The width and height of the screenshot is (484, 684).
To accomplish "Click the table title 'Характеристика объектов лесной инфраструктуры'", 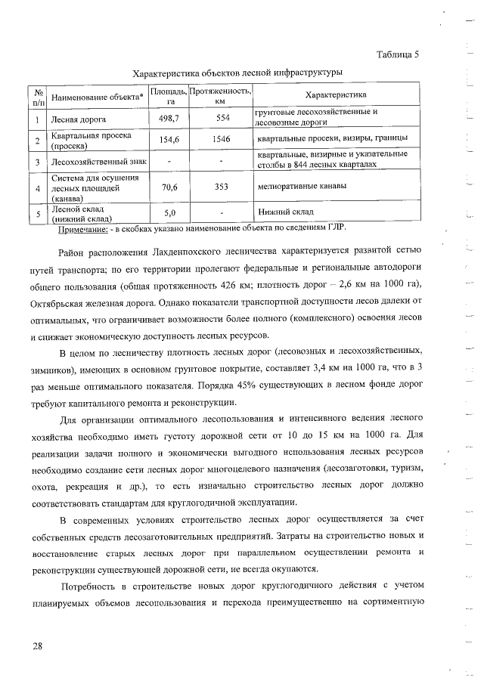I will point(237,73).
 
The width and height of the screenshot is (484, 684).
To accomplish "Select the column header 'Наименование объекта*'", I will point(97,97).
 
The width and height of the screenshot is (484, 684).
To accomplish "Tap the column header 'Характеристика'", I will point(335,95).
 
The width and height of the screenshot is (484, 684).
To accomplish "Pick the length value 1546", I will point(222,139).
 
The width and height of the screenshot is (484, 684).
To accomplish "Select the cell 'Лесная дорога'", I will point(78,119).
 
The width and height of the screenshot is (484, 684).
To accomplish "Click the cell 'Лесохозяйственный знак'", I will point(97,161).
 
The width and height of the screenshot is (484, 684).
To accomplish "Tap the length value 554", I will point(222,119).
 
